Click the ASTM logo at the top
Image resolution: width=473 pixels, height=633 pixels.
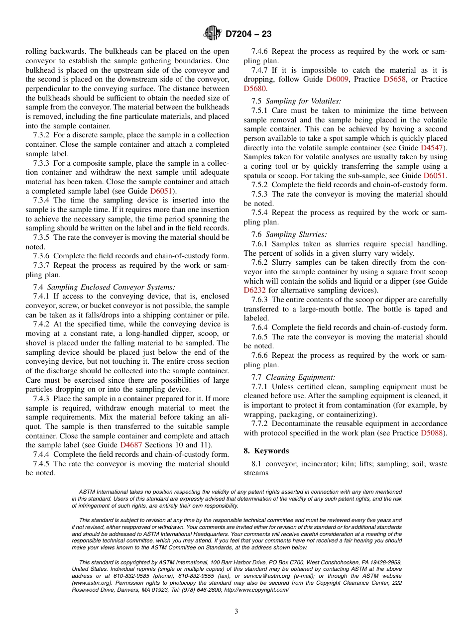click(x=213, y=34)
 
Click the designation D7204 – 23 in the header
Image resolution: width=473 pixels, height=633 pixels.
click(x=248, y=34)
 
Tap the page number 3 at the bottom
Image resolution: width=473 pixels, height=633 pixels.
click(x=236, y=611)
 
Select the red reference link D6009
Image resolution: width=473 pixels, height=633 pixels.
click(x=338, y=79)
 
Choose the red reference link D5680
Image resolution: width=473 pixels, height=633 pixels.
click(x=255, y=89)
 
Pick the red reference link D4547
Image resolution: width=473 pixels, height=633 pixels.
click(x=432, y=148)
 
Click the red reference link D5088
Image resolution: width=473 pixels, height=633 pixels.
click(x=432, y=433)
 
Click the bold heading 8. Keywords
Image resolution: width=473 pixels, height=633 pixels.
click(x=266, y=451)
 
